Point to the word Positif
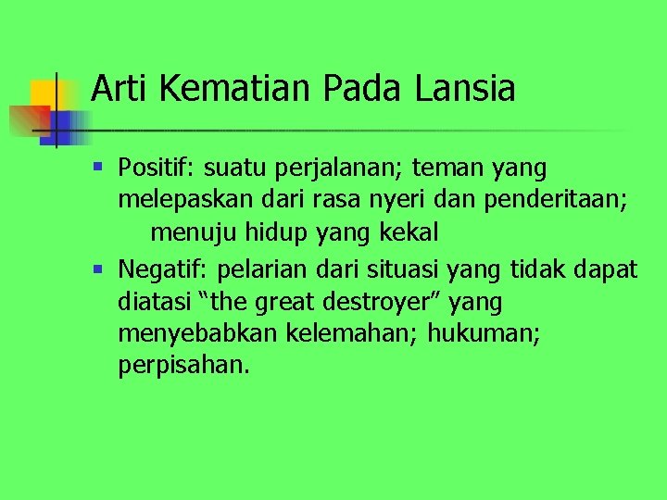[156, 169]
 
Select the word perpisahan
[184, 366]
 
